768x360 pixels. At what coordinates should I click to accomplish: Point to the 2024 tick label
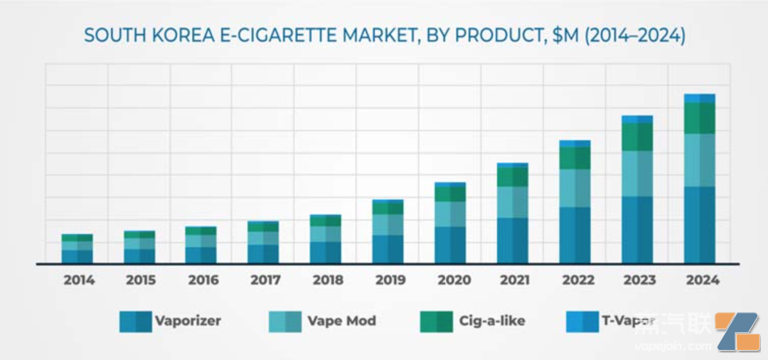point(700,280)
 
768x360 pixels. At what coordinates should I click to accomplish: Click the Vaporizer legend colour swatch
point(135,322)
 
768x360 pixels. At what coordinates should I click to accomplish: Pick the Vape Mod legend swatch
point(284,322)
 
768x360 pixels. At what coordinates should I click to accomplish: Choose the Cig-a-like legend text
point(493,321)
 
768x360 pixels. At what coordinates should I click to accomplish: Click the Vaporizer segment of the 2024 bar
point(700,225)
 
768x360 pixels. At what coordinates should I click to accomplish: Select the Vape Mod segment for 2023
point(637,174)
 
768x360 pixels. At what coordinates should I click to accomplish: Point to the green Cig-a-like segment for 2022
point(575,158)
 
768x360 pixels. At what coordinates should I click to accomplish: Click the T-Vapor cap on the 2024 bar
point(700,98)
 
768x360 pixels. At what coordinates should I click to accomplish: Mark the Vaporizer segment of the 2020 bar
point(450,245)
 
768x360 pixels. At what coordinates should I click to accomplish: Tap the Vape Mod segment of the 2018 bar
point(326,234)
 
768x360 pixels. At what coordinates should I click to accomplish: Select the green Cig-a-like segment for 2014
point(78,238)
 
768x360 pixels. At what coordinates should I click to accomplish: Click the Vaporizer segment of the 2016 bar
point(201,255)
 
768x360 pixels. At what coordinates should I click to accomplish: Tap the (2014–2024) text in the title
point(634,36)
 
